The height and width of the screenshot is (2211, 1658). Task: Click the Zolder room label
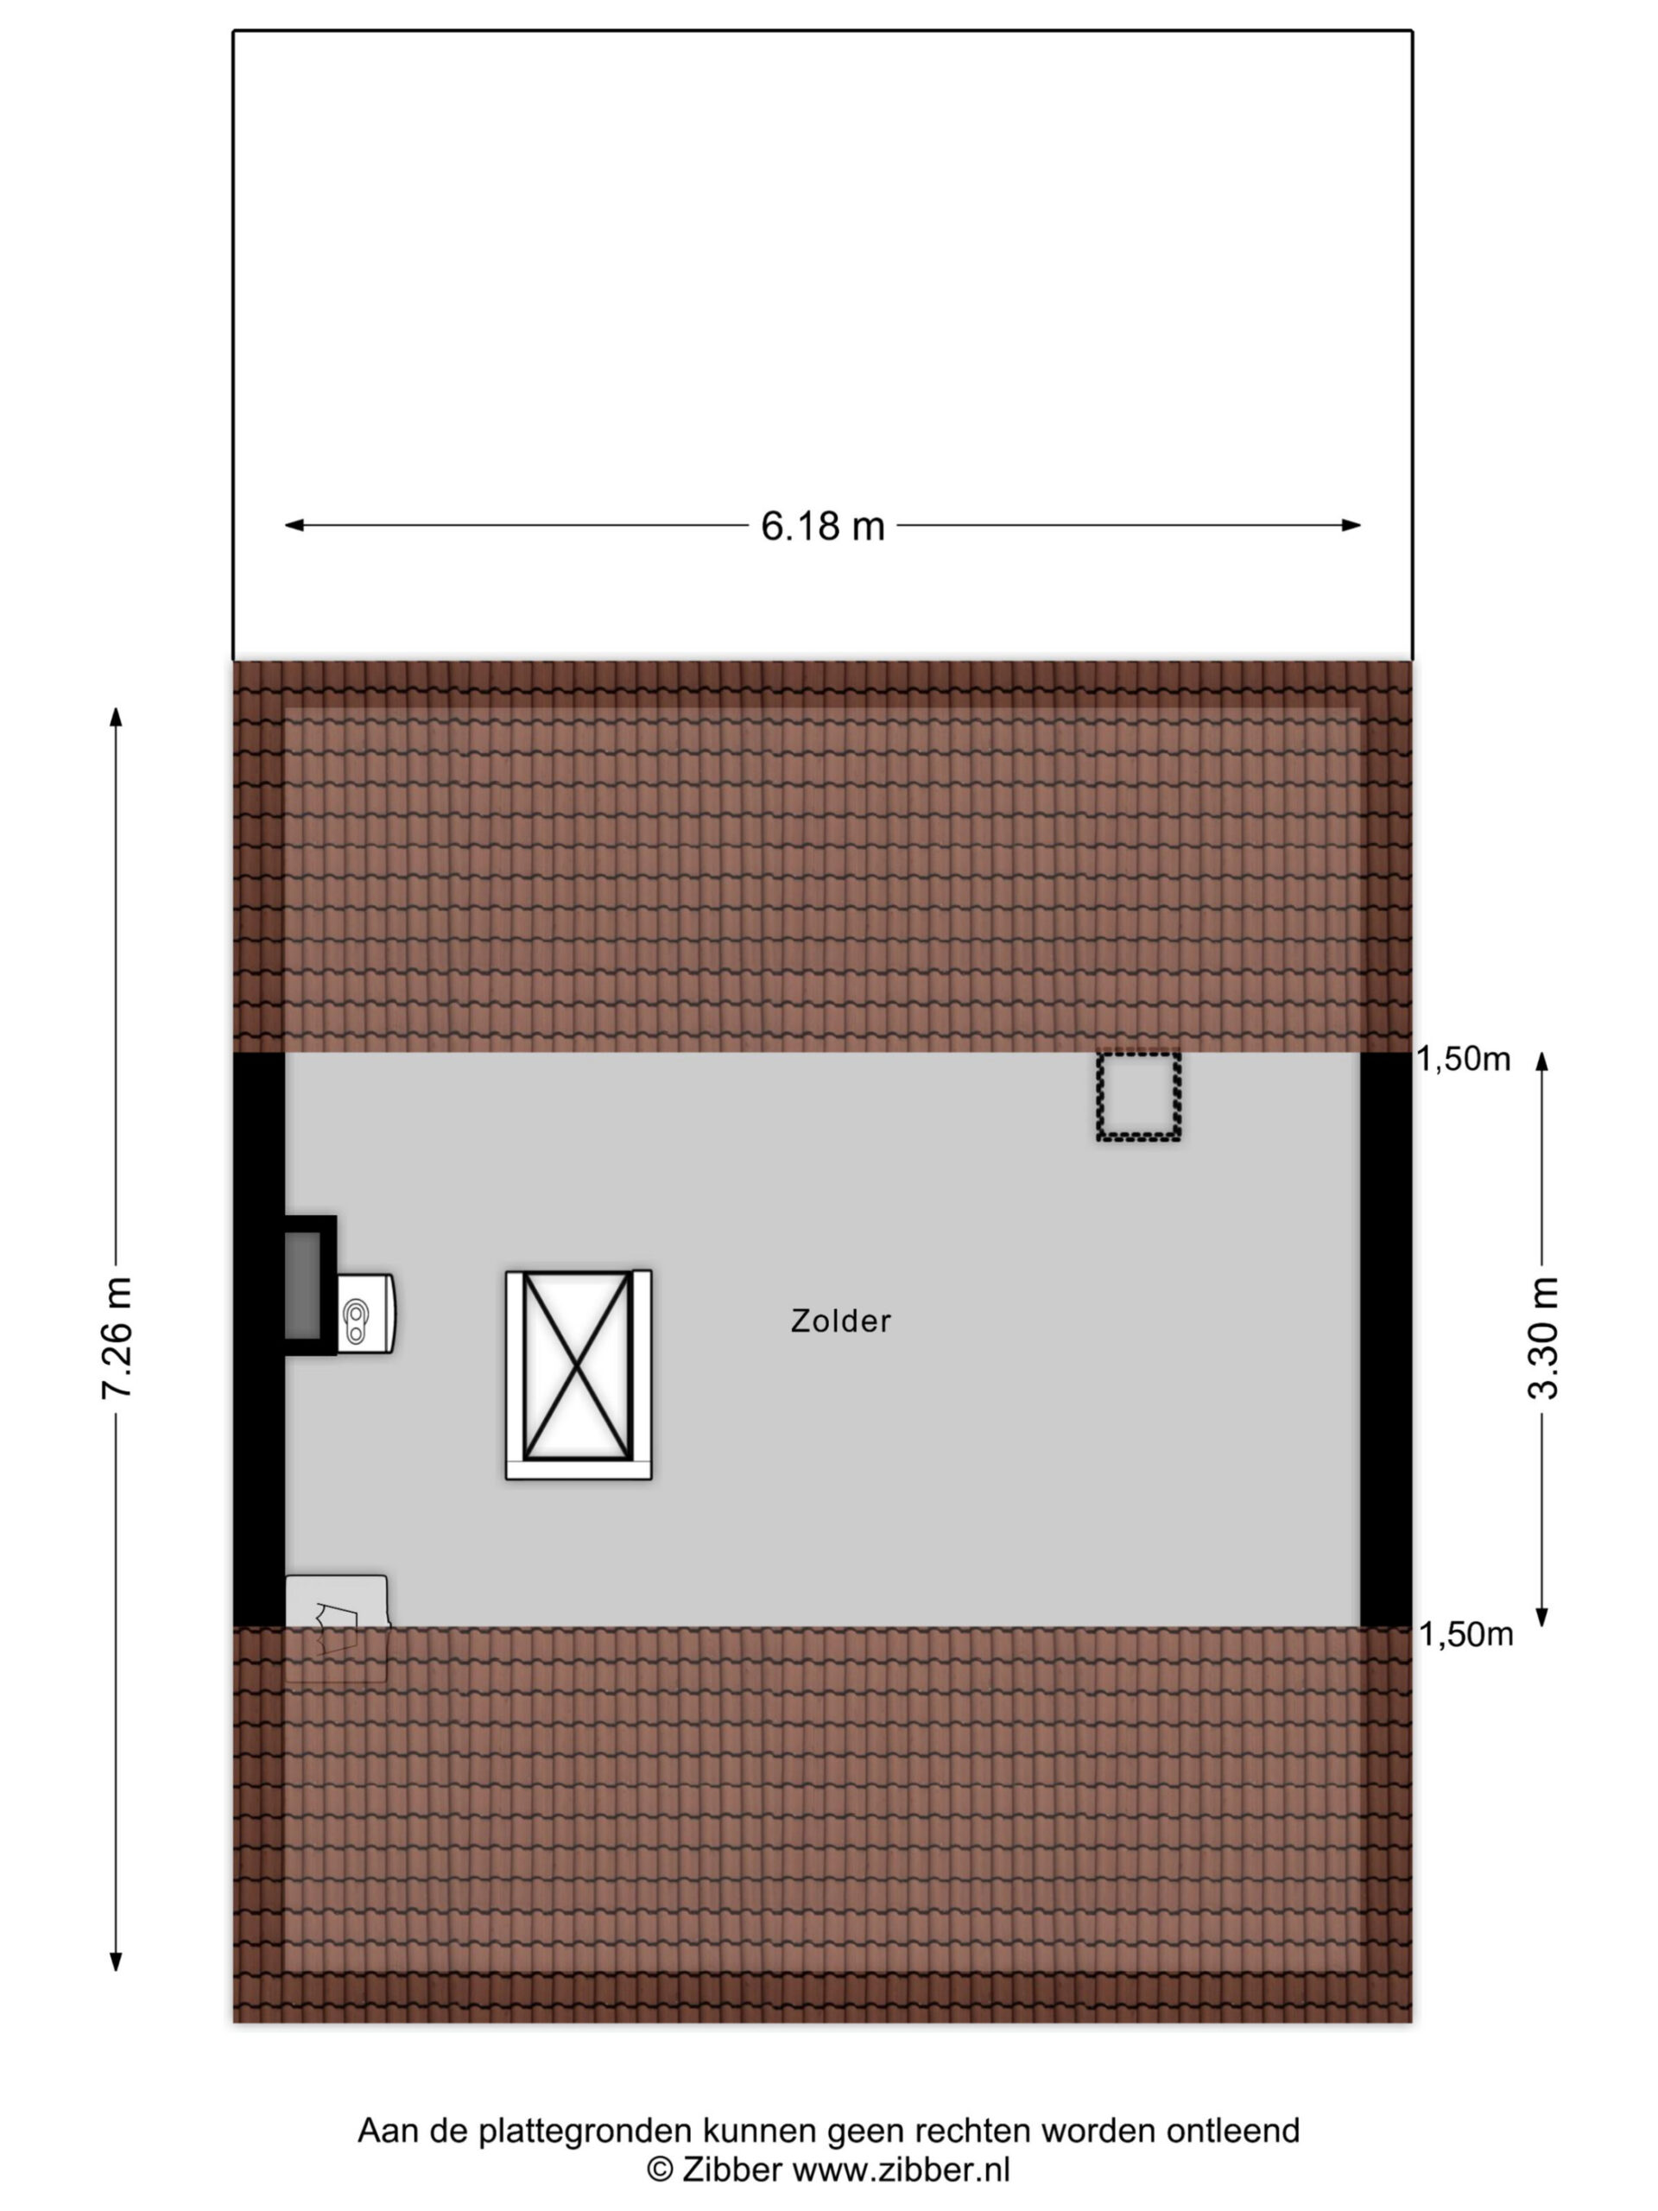pyautogui.click(x=839, y=1321)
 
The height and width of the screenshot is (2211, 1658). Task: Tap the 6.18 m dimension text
pyautogui.click(x=822, y=526)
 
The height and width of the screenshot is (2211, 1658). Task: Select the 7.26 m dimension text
pyautogui.click(x=117, y=1337)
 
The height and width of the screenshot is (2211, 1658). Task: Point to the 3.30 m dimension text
pyautogui.click(x=1543, y=1337)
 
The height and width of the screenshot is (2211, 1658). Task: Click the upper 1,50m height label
pyautogui.click(x=1463, y=1060)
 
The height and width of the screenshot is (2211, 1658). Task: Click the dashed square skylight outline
pyautogui.click(x=1138, y=1097)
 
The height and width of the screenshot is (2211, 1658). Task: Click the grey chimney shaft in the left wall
pyautogui.click(x=304, y=1285)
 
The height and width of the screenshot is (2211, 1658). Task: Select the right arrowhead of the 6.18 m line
pyautogui.click(x=1351, y=525)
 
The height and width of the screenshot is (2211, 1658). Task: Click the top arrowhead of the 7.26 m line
pyautogui.click(x=116, y=717)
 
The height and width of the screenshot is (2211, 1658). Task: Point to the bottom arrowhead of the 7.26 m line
pyautogui.click(x=116, y=1961)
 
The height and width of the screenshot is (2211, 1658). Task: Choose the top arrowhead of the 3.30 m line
pyautogui.click(x=1542, y=1061)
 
